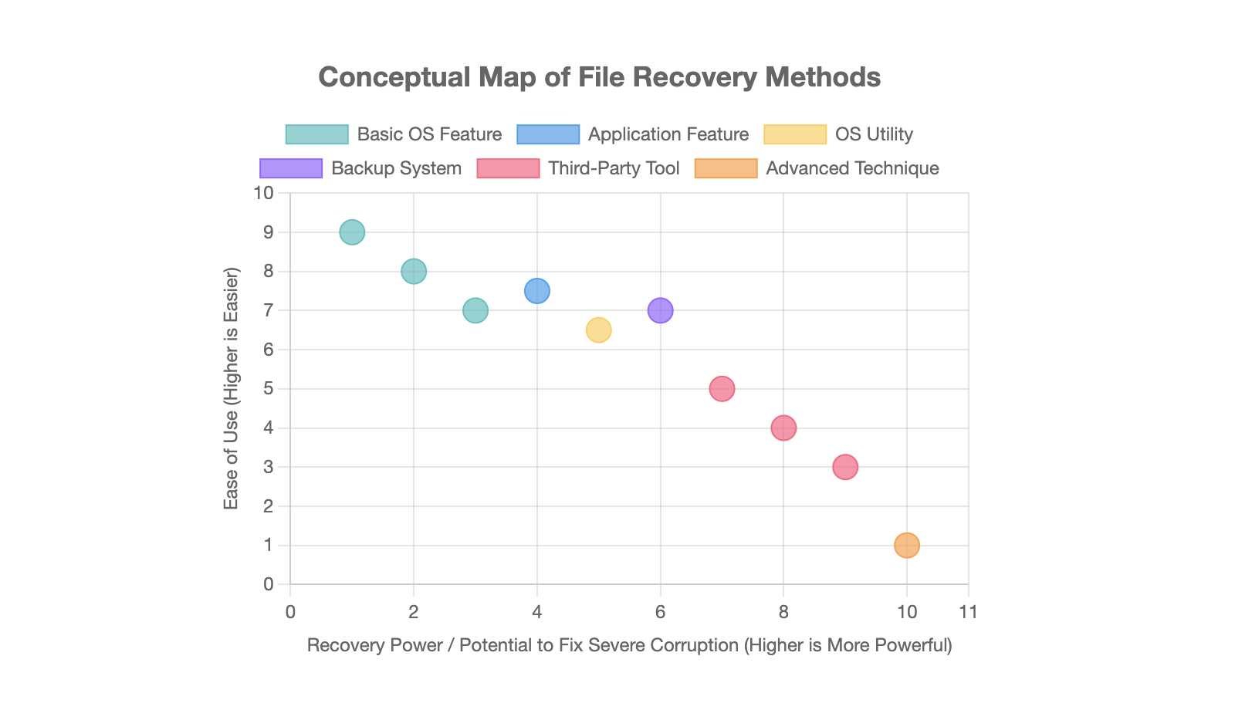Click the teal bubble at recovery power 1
pyautogui.click(x=352, y=232)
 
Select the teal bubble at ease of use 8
pyautogui.click(x=414, y=271)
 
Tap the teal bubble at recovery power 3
pyautogui.click(x=475, y=310)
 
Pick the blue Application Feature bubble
pyautogui.click(x=537, y=291)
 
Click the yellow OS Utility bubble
pyautogui.click(x=598, y=330)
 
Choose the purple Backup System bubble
pyautogui.click(x=660, y=310)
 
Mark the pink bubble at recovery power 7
pyautogui.click(x=722, y=388)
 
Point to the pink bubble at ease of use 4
pyautogui.click(x=783, y=428)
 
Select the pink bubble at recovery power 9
pyautogui.click(x=845, y=467)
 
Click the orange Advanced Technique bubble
pyautogui.click(x=907, y=546)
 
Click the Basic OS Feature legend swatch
pyautogui.click(x=316, y=134)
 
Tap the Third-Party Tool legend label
pyautogui.click(x=614, y=168)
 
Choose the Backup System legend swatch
pyautogui.click(x=291, y=168)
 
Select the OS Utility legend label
pyautogui.click(x=874, y=134)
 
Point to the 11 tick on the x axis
pyautogui.click(x=968, y=612)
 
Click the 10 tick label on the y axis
pyautogui.click(x=264, y=193)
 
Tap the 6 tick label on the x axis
pyautogui.click(x=660, y=612)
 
